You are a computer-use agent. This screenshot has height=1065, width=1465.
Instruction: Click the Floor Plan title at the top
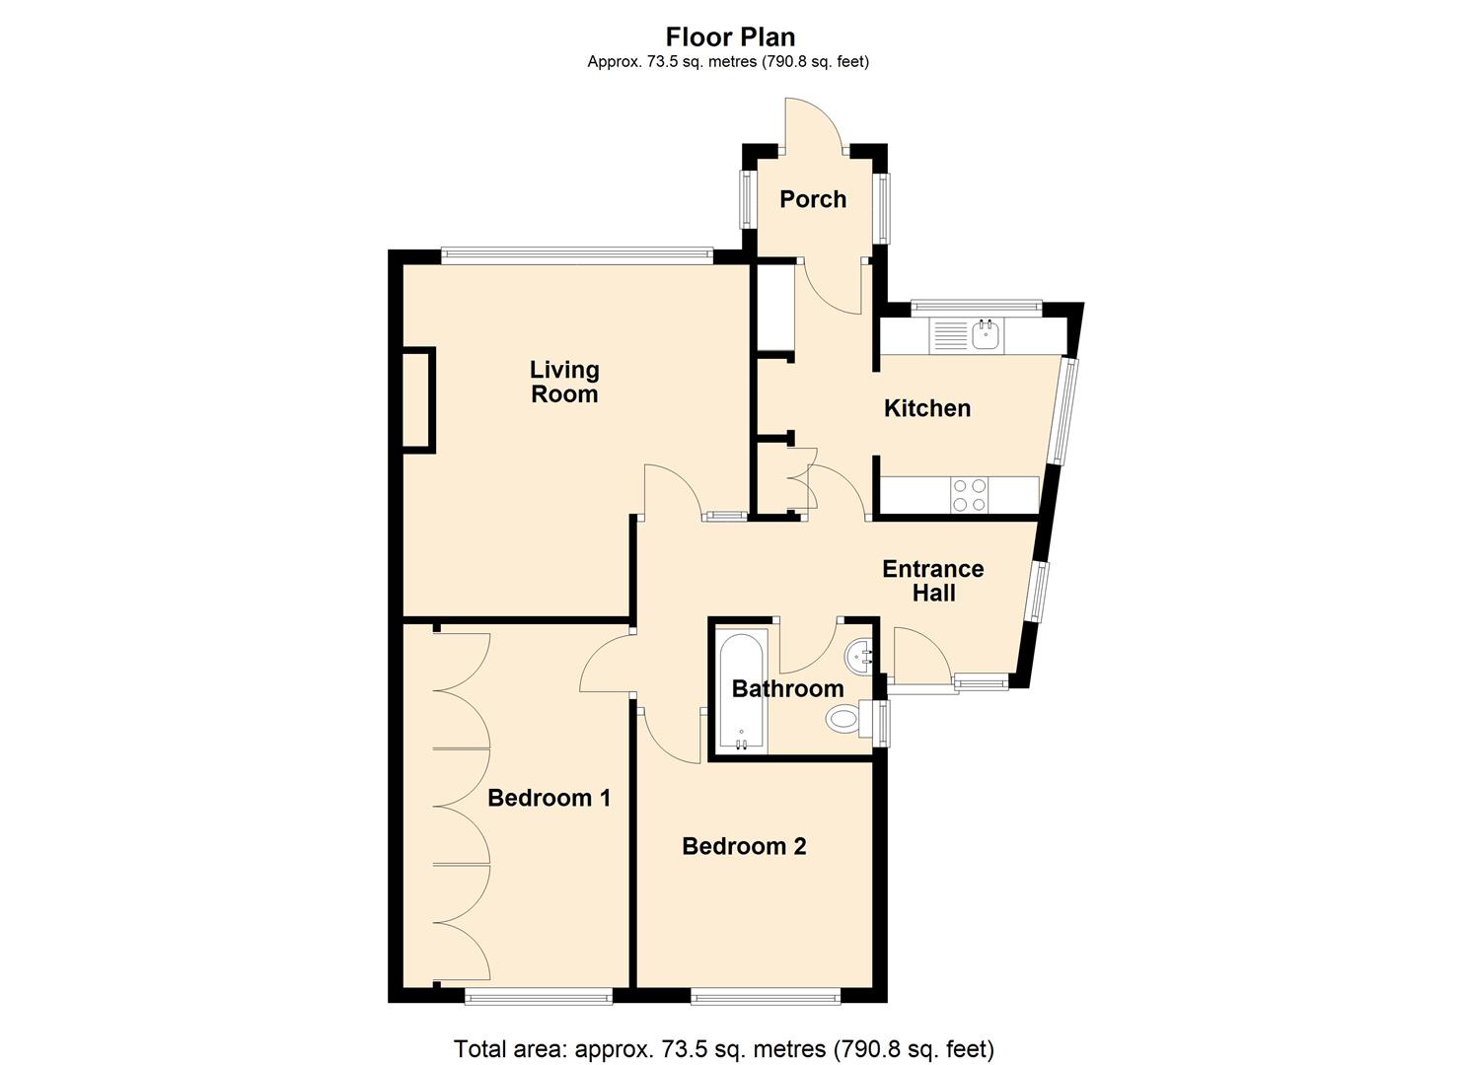[730, 37]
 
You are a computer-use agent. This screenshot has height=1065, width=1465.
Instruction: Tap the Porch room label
[813, 199]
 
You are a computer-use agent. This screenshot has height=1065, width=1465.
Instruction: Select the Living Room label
[564, 382]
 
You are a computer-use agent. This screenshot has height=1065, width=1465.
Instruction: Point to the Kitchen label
[927, 408]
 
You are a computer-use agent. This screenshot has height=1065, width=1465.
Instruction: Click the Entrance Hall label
[933, 581]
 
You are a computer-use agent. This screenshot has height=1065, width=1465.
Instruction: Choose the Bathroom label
[787, 688]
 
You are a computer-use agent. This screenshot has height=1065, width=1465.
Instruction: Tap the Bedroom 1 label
[549, 798]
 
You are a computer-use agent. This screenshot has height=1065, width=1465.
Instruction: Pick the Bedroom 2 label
[744, 846]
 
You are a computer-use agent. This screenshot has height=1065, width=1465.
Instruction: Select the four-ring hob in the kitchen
[969, 495]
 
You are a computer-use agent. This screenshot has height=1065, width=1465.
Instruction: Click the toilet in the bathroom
[850, 719]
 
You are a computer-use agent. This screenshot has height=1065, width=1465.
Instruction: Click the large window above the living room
[577, 255]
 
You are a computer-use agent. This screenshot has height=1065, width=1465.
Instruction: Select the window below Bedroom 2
[766, 996]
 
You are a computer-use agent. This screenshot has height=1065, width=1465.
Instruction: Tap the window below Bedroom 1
[539, 996]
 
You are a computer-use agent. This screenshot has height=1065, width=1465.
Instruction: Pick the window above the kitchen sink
[976, 306]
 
